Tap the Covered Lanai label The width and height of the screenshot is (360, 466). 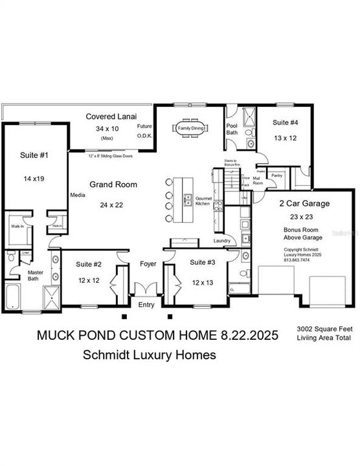pos(109,116)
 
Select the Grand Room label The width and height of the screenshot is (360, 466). pos(113,184)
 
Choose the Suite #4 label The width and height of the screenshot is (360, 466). pos(286,122)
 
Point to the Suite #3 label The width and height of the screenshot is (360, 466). pos(203,263)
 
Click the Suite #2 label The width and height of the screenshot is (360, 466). pos(89,264)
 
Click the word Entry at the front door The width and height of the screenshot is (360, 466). pos(147,305)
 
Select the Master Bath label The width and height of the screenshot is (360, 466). pos(35,276)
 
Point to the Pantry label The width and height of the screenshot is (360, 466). pos(276,175)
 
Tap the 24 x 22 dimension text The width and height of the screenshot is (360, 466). pos(113,205)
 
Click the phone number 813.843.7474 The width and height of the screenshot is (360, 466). pos(297,260)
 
